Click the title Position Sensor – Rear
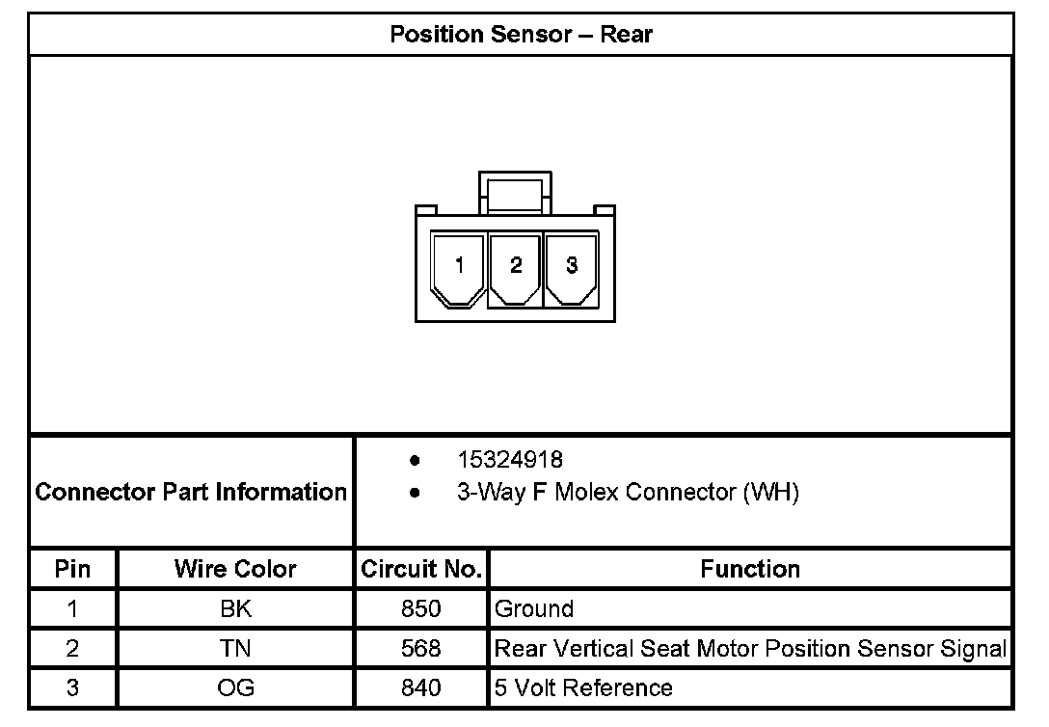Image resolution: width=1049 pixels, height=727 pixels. (521, 35)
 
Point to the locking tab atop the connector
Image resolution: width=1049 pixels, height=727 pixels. (516, 190)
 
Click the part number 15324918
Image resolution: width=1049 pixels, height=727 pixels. (510, 459)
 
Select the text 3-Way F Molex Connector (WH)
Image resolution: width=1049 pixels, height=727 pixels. (628, 493)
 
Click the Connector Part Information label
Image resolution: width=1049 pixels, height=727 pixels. (191, 493)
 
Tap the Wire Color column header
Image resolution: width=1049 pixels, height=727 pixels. (235, 569)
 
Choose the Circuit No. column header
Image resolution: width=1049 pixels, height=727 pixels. (421, 569)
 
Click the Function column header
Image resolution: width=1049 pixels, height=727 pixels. (750, 569)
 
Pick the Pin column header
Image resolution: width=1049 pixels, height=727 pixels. (72, 569)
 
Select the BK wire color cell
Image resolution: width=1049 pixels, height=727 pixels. (235, 609)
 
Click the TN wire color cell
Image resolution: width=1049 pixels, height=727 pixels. (235, 649)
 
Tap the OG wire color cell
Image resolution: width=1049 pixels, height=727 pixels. (235, 688)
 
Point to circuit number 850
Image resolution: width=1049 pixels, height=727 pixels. (421, 609)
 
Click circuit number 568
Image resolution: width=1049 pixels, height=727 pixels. (421, 649)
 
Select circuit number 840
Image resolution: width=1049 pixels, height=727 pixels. (421, 688)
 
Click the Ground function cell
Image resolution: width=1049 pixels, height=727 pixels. (534, 609)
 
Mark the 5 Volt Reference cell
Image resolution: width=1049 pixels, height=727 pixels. (583, 688)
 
